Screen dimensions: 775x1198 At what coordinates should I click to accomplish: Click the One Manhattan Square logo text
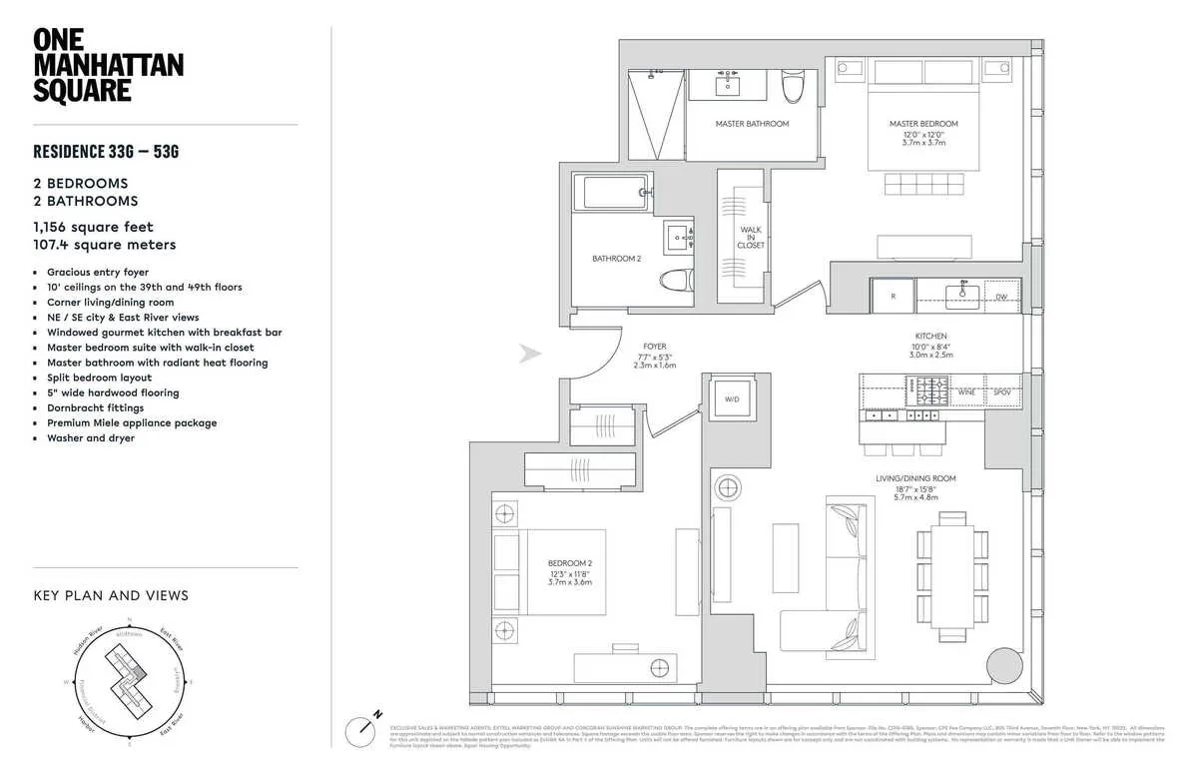click(x=94, y=66)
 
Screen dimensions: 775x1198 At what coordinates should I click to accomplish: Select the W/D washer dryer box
click(x=732, y=399)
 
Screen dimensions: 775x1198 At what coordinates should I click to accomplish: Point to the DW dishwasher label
click(x=1000, y=297)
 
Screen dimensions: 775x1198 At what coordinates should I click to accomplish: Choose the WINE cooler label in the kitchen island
click(x=965, y=392)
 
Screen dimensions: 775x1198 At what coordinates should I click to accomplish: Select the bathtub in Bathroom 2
click(x=612, y=192)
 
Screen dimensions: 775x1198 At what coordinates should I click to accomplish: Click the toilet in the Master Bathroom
click(x=794, y=91)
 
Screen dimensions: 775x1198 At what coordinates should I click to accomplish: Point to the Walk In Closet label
click(x=751, y=236)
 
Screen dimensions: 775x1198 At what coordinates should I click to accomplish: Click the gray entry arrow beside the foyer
click(x=531, y=354)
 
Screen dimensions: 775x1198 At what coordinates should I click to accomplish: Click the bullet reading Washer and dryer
click(x=90, y=438)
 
